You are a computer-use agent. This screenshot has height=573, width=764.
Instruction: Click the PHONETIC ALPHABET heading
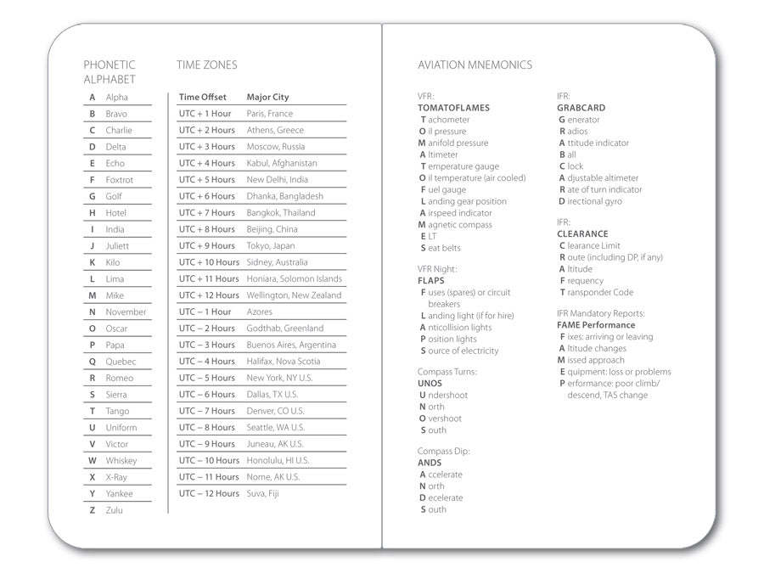pos(110,72)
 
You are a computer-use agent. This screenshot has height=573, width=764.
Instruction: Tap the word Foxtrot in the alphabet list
pos(120,180)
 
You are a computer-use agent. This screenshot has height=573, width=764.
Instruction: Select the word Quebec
pos(121,362)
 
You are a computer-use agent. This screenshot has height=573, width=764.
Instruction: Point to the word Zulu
pos(115,510)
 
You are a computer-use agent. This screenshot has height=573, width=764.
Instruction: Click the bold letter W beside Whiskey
pos(92,461)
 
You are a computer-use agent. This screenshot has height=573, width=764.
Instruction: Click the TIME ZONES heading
pos(207,65)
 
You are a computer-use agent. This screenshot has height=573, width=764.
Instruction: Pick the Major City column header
pos(267,97)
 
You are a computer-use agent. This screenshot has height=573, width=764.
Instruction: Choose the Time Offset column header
pos(202,97)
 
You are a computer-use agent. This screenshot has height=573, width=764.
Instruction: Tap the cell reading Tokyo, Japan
pos(271,246)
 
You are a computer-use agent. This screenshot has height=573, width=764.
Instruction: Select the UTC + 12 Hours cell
pos(209,295)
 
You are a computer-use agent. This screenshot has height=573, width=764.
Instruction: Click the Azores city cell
pos(260,312)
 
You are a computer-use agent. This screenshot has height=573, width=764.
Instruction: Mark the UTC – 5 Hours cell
pos(207,378)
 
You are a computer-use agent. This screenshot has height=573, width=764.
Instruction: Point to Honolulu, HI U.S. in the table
pos(278,461)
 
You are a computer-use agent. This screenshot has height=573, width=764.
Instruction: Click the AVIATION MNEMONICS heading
pos(475,65)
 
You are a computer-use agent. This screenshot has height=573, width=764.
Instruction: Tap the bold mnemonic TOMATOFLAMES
pos(453,109)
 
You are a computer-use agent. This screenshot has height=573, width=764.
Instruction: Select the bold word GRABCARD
pos(581,109)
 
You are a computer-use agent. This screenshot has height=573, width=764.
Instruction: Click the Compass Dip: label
pos(443,452)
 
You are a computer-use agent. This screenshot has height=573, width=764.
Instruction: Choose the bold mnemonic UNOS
pos(430,384)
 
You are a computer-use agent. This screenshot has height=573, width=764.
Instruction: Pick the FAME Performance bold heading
pos(596,325)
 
